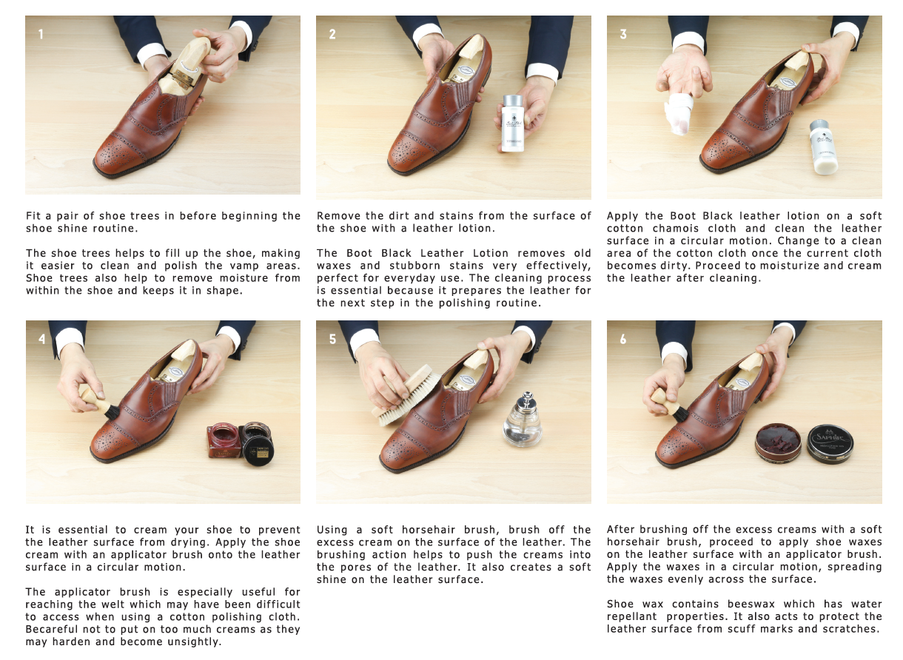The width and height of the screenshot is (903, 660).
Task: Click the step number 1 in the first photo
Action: tap(41, 35)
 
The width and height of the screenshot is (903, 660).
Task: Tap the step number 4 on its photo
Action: tap(42, 340)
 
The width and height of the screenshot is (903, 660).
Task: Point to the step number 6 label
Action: tap(622, 340)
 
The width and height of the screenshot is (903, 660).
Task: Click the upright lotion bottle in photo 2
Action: tap(513, 124)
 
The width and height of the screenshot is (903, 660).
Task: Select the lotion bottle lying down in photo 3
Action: tap(824, 147)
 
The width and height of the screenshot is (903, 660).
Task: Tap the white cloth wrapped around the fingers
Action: tap(679, 112)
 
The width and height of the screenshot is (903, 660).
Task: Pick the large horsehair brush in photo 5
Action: tap(406, 395)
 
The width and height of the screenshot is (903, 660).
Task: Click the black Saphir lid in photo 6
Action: tap(830, 444)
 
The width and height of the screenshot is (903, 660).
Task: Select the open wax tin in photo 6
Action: tap(778, 442)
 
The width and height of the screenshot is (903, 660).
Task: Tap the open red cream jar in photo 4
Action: tap(224, 440)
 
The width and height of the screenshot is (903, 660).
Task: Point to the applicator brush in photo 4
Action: tap(100, 404)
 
